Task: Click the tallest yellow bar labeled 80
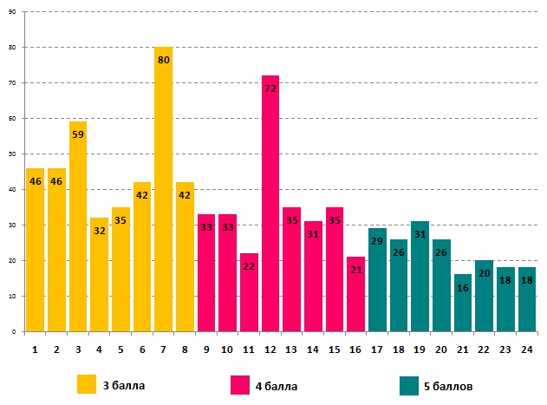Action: pos(163,191)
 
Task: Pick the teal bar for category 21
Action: pos(462,304)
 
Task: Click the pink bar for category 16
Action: pos(355,295)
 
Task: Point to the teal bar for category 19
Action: pos(420,278)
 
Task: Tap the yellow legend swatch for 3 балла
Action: pos(87,384)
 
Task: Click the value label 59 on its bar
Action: pos(78,134)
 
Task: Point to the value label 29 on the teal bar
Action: pos(377,241)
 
